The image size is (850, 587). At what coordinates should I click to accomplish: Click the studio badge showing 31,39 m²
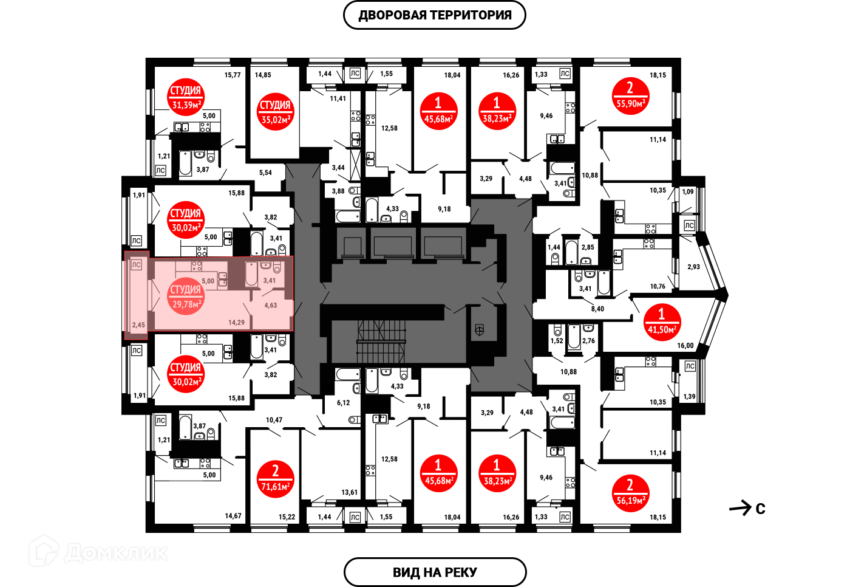(186, 97)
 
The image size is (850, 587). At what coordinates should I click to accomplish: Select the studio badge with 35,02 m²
(275, 112)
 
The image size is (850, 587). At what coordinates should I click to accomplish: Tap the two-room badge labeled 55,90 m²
(630, 96)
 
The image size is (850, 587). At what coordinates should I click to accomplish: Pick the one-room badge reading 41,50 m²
(662, 322)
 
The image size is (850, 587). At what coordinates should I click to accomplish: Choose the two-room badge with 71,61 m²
(275, 479)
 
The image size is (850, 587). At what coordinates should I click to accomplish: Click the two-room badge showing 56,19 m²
(630, 493)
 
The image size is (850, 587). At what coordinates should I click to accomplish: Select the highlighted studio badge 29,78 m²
(186, 297)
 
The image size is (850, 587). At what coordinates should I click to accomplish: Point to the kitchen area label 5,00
(208, 281)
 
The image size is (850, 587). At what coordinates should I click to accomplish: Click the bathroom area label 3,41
(269, 281)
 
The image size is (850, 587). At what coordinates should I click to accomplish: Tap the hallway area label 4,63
(270, 306)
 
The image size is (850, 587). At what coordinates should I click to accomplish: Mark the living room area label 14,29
(236, 323)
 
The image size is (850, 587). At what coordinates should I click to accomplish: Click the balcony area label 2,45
(138, 325)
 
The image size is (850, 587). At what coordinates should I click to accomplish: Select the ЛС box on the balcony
(136, 265)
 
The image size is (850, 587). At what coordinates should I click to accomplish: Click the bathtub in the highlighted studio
(251, 273)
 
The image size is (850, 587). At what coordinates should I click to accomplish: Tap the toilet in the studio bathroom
(277, 267)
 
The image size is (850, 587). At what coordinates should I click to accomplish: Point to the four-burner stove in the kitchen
(197, 266)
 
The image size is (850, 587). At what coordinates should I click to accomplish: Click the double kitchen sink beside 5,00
(223, 280)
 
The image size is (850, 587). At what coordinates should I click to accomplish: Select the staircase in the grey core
(381, 341)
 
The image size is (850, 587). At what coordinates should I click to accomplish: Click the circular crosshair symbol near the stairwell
(479, 331)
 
